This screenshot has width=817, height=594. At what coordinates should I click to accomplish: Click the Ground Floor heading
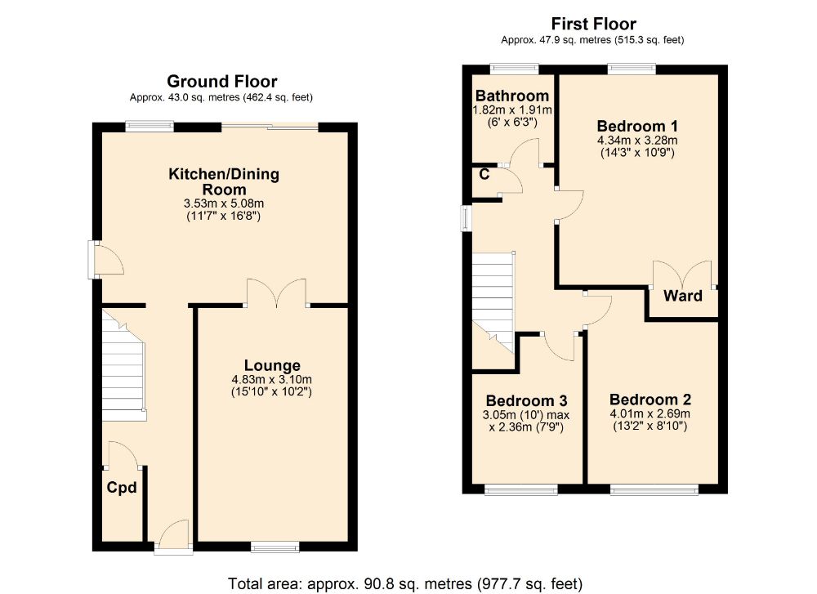[221, 82]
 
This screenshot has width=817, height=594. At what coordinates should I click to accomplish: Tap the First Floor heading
[593, 24]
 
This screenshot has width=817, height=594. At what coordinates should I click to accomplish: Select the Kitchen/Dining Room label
[224, 181]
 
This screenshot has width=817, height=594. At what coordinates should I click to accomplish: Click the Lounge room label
[272, 365]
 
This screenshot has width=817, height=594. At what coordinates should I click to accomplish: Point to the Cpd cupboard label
[121, 488]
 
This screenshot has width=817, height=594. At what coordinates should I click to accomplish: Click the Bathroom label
[513, 96]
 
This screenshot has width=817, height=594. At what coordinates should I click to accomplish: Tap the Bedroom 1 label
[637, 127]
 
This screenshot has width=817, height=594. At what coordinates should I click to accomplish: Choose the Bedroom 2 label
[650, 400]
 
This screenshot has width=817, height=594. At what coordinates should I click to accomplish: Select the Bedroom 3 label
[526, 401]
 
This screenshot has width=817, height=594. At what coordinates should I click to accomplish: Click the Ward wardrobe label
[682, 296]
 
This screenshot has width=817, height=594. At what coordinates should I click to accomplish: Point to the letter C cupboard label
[484, 174]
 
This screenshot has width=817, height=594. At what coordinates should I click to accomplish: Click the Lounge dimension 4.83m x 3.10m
[272, 379]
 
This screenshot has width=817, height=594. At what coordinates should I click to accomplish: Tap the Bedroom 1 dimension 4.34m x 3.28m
[637, 140]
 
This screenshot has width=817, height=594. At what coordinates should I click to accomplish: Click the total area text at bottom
[407, 583]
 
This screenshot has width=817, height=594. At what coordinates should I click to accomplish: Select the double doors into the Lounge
[276, 293]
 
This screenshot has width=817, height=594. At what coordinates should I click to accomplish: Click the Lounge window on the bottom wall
[275, 547]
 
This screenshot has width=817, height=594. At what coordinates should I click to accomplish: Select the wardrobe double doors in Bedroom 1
[683, 274]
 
